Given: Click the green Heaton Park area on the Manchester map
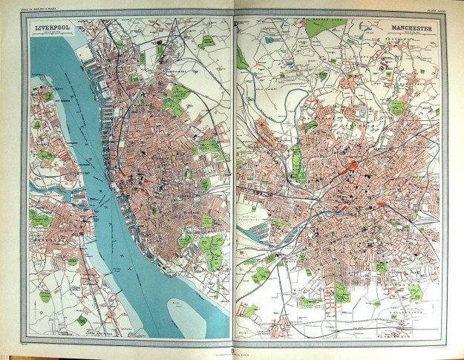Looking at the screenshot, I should point(324,27).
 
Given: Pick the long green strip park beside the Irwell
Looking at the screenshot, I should point(298,163).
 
